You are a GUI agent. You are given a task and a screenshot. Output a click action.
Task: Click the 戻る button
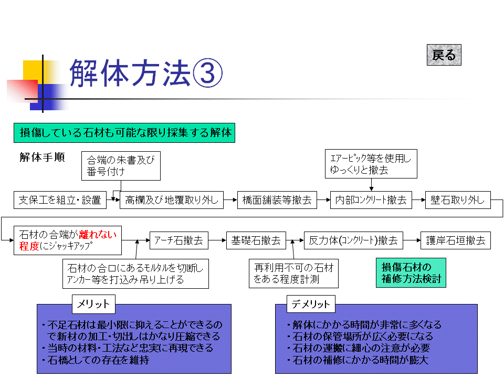point(444,55)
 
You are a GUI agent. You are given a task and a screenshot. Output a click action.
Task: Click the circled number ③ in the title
point(207,73)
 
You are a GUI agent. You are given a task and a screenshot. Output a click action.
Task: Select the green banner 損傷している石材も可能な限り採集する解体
point(124,133)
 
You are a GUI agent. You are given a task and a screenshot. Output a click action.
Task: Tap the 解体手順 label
point(42,157)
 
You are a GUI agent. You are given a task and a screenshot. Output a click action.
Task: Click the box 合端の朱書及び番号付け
point(121,166)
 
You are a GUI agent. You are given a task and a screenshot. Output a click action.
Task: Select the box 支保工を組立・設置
point(60,200)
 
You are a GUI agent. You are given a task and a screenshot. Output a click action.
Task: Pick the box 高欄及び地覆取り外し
point(172,200)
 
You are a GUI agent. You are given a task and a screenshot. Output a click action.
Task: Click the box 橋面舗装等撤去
point(277,200)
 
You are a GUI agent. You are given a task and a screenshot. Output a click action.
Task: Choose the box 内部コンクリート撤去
point(371,200)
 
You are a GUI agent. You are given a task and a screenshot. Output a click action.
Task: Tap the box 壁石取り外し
point(458,200)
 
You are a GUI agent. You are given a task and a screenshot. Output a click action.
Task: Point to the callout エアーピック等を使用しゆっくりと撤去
point(371,164)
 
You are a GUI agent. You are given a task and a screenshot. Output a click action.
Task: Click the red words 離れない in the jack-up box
point(98,235)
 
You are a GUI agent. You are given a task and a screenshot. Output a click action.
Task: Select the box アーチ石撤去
point(178,240)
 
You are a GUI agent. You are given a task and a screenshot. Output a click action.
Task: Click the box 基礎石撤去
point(256,240)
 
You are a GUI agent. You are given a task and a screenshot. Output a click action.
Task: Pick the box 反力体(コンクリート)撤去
point(353,240)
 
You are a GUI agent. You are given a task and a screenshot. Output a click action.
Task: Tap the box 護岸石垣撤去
point(456,240)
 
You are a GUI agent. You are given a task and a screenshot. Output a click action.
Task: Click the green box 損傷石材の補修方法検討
point(411,272)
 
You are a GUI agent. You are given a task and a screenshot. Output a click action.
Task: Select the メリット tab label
point(93,304)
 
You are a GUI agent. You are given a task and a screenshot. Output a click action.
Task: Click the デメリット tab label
point(311,304)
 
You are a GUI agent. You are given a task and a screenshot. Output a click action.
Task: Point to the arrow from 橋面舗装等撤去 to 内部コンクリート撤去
point(324,200)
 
